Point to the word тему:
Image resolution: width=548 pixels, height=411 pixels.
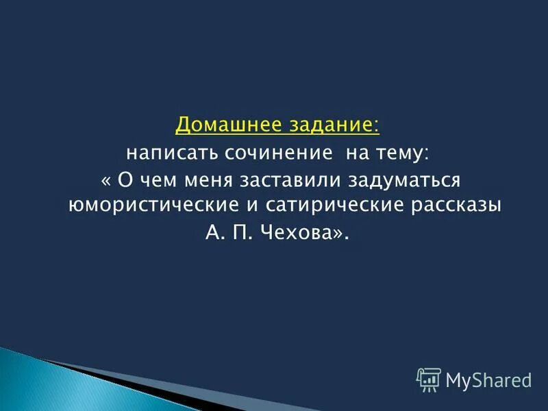(401, 153)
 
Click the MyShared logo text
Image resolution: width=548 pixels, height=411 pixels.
(488, 378)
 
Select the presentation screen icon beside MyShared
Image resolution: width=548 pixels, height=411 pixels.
(429, 379)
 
